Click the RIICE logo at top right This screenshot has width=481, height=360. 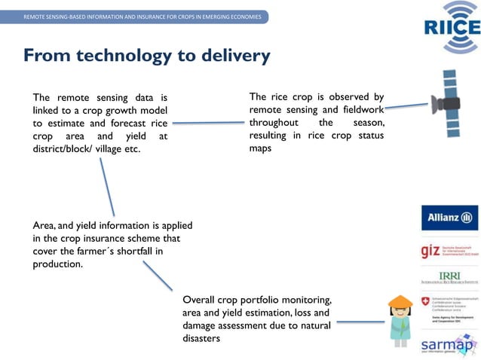coord(451,28)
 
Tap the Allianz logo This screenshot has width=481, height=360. coord(449,218)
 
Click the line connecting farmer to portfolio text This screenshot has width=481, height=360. coord(360,322)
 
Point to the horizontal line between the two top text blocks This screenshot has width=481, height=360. coord(207,122)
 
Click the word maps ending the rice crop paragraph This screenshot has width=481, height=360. coord(260,148)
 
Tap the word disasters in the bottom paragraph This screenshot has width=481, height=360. coord(201,339)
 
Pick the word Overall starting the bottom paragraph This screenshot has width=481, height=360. coord(201,300)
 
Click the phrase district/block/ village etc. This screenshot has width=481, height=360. coord(87,149)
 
